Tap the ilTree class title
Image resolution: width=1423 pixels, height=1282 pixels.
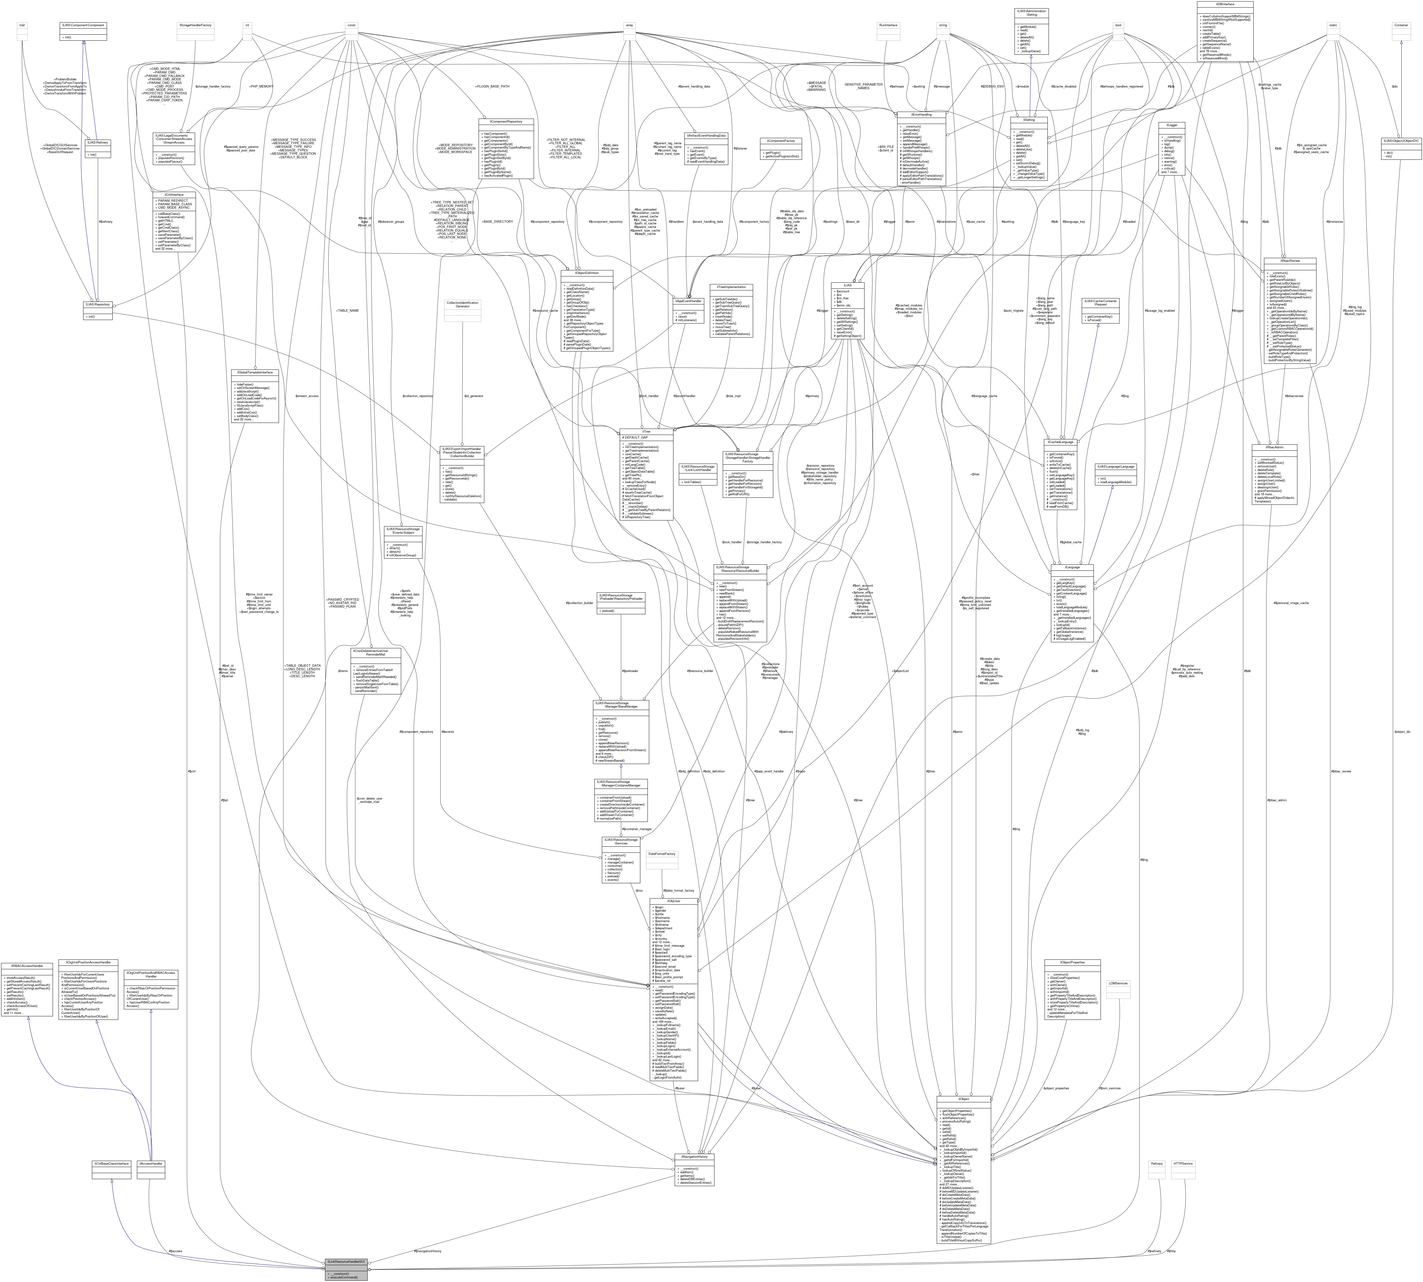pos(646,432)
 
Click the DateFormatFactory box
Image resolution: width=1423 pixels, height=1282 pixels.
pos(661,854)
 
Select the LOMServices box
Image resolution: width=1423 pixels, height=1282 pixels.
pos(1118,983)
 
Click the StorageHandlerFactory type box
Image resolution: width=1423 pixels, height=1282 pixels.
pos(194,25)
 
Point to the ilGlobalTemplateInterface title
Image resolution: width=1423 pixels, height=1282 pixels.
pos(254,372)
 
